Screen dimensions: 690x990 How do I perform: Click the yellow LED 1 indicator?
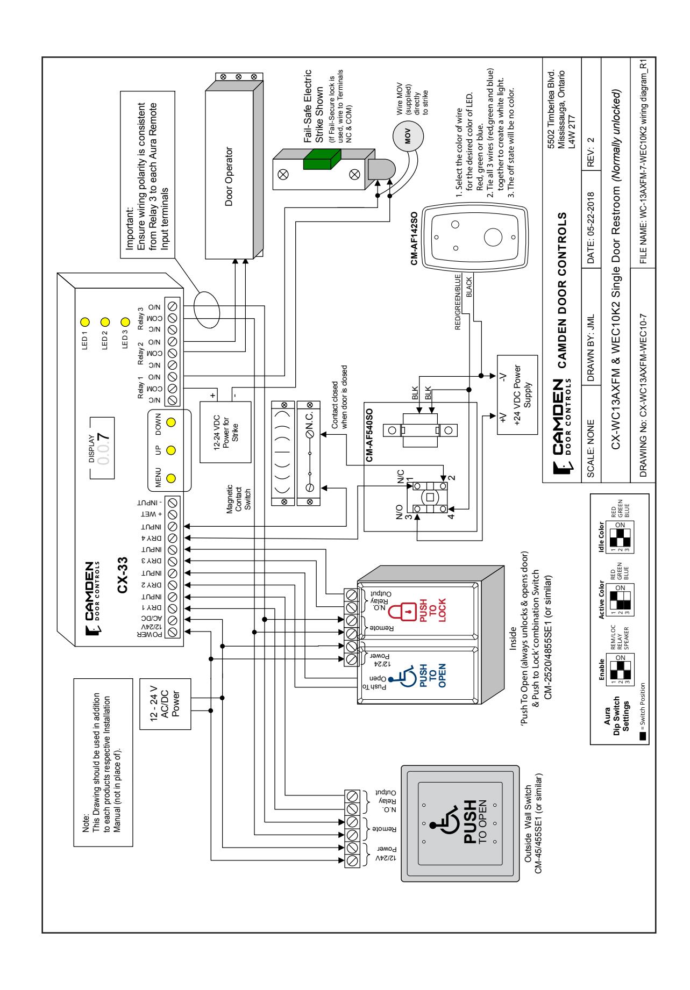click(84, 323)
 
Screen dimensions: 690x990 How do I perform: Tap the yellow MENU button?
click(172, 478)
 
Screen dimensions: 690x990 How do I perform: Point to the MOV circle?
click(407, 135)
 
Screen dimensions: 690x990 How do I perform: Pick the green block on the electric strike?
click(321, 161)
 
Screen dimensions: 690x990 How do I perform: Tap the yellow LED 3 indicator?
click(126, 323)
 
